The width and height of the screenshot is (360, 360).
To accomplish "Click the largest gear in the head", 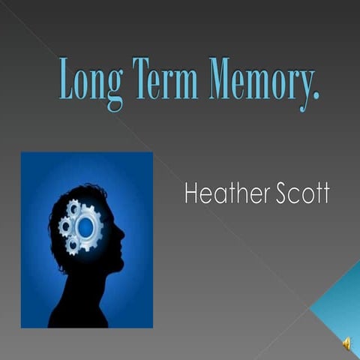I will click(88, 226).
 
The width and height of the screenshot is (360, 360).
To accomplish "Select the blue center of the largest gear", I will click(88, 226).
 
